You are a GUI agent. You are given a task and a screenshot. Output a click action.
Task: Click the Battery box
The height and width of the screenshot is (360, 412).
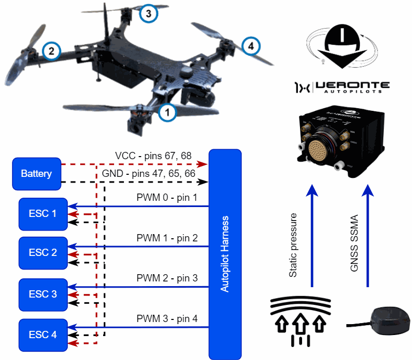point(36,173)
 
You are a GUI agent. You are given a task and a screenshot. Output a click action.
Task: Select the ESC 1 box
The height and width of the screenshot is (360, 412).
point(43,213)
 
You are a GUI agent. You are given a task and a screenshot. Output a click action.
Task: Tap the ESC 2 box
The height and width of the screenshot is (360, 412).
point(43,253)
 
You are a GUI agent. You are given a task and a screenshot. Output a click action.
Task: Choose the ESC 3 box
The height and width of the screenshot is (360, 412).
point(43,294)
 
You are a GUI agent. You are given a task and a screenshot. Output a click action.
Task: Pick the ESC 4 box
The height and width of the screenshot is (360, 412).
point(43,335)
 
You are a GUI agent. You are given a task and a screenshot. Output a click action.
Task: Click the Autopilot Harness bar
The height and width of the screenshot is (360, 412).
point(225,254)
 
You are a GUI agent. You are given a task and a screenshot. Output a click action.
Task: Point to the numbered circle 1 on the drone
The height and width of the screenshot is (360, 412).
point(167,110)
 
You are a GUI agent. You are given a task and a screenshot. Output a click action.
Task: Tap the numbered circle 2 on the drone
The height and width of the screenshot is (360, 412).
point(51,50)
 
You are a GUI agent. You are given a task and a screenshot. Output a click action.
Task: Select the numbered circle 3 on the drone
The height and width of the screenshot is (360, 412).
point(148,14)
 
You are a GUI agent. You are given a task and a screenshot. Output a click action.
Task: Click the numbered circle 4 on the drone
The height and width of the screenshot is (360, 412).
point(251,46)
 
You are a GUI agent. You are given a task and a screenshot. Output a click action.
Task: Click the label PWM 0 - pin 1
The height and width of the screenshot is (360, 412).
point(167,198)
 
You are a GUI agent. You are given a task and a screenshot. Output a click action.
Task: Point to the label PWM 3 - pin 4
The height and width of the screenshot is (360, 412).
point(167,318)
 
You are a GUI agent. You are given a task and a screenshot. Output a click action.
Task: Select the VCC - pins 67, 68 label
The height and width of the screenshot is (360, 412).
point(153,156)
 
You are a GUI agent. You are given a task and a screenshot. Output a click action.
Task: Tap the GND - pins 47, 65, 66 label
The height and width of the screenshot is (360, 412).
point(149,173)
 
